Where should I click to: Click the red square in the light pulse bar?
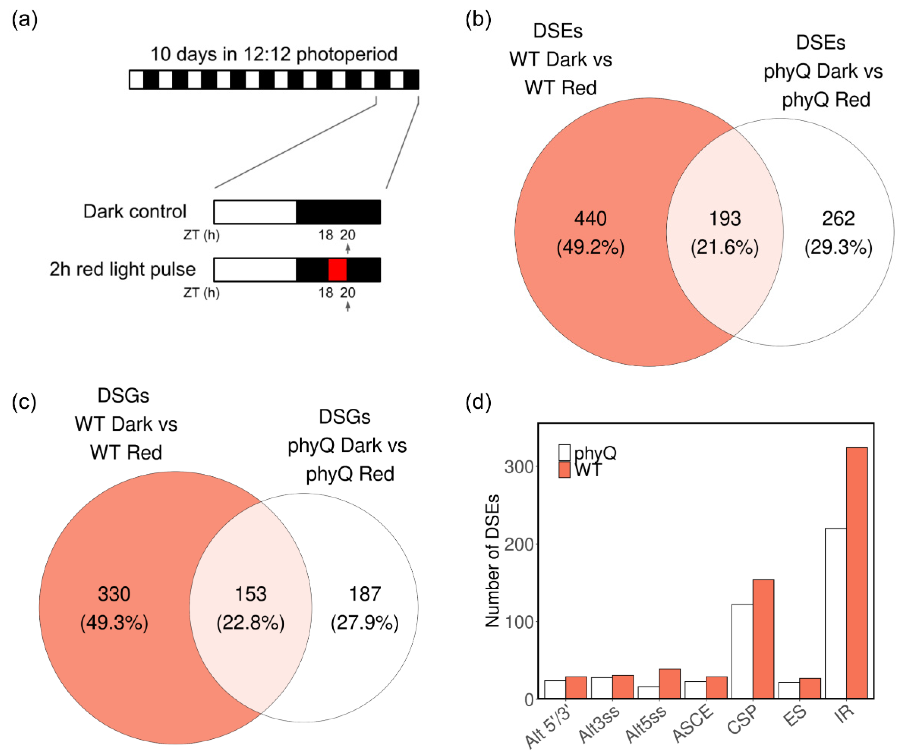337,270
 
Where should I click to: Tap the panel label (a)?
25,20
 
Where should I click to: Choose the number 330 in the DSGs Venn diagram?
114,594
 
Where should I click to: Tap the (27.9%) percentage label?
364,623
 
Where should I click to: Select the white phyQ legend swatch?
564,453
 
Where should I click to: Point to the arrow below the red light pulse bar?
348,306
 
